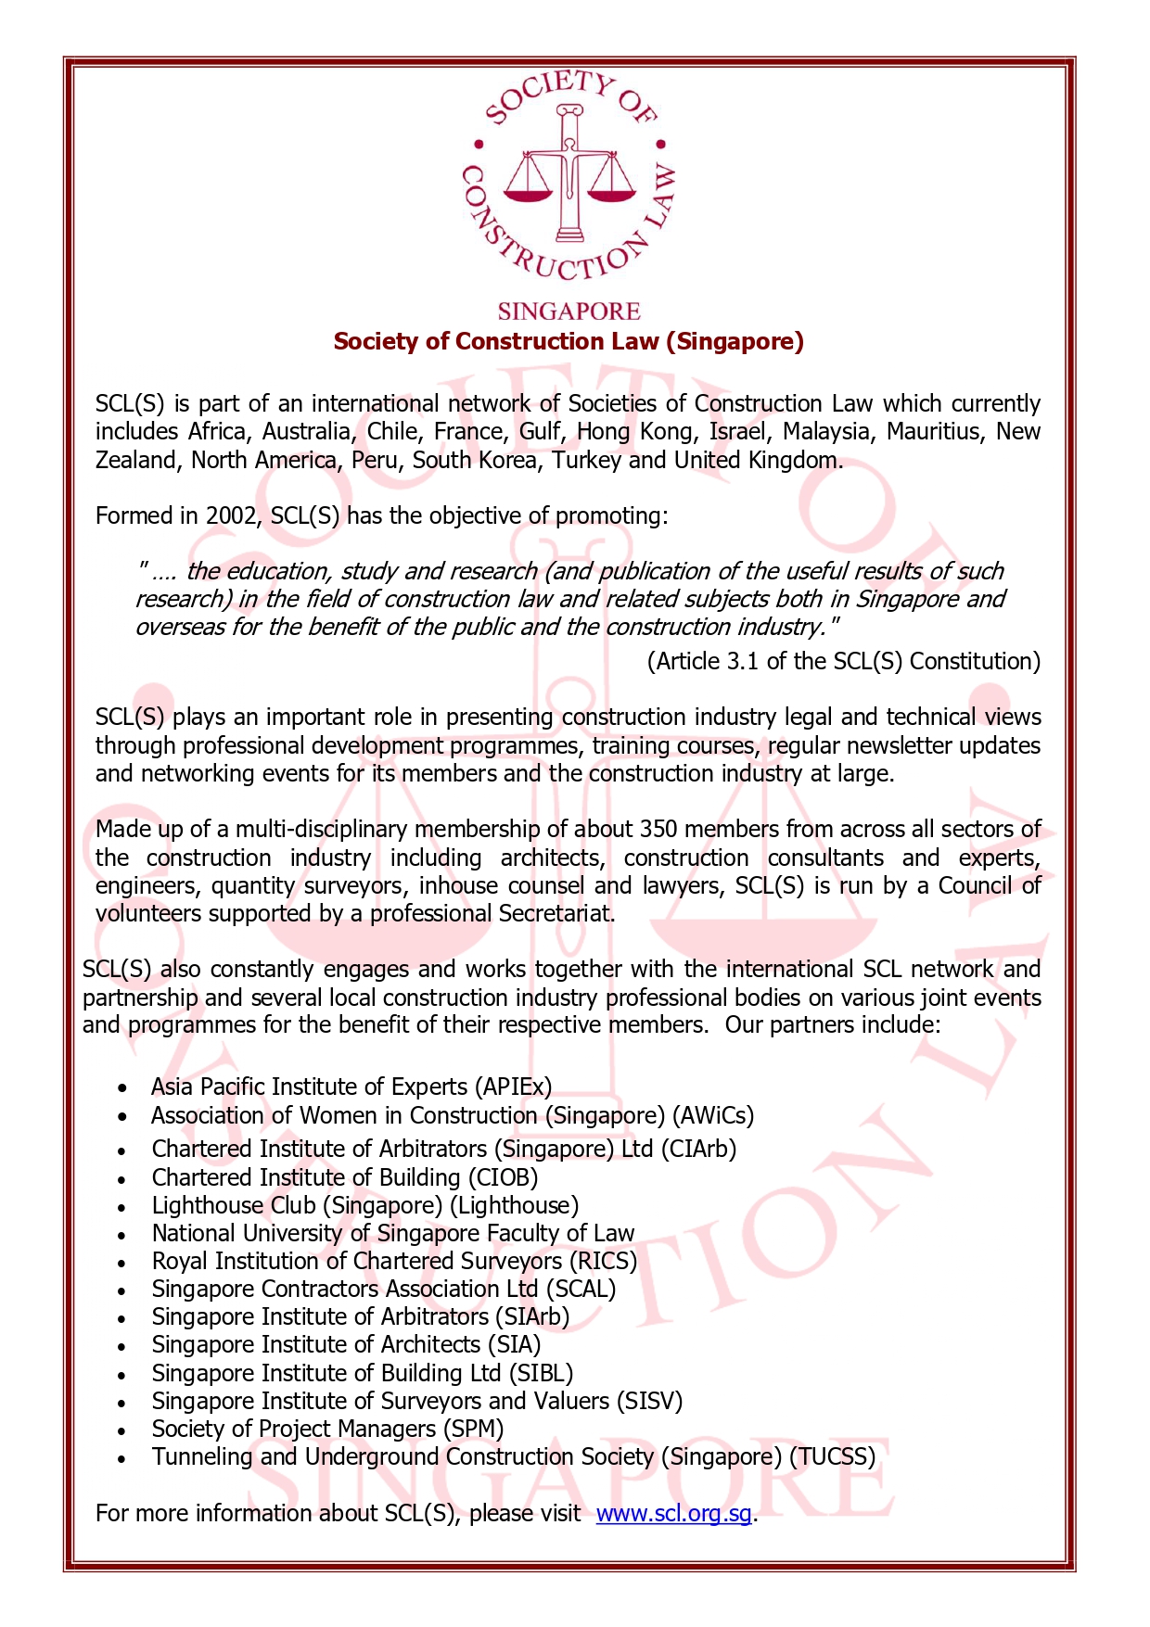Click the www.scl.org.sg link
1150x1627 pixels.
coord(673,1513)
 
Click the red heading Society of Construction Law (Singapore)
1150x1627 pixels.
coord(568,341)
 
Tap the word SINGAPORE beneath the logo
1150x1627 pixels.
coord(569,311)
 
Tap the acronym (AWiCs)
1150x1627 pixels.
coord(713,1115)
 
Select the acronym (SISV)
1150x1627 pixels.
coord(649,1401)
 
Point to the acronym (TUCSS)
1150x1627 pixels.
coord(832,1456)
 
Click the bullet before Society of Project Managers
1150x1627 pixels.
coord(122,1430)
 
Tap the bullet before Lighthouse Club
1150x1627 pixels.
coord(122,1207)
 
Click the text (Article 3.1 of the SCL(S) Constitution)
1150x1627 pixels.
coord(843,661)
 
